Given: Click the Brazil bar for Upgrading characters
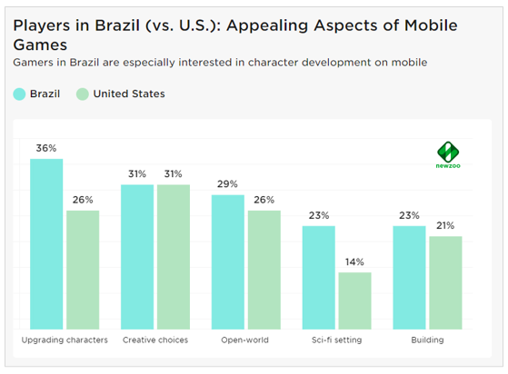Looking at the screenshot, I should click(46, 243).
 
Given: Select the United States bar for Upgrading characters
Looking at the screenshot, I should click(82, 270).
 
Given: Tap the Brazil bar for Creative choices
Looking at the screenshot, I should click(137, 256).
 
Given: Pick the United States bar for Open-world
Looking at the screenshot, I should click(264, 270).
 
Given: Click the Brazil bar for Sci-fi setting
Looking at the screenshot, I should click(318, 277).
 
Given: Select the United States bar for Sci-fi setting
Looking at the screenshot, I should click(354, 300).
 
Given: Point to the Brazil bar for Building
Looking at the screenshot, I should click(409, 277).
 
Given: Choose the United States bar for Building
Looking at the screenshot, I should click(445, 282).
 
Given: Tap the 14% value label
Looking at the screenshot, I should click(354, 262).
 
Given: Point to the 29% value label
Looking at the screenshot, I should click(228, 185).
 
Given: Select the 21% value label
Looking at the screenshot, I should click(445, 225).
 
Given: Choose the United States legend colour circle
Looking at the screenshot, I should click(83, 93).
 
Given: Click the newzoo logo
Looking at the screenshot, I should click(449, 155).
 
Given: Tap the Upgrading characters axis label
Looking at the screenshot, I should click(65, 340).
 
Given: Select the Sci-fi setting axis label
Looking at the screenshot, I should click(336, 340).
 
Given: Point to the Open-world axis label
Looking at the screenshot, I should click(245, 340).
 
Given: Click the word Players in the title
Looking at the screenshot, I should click(43, 23).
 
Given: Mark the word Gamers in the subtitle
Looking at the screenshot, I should click(34, 62).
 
